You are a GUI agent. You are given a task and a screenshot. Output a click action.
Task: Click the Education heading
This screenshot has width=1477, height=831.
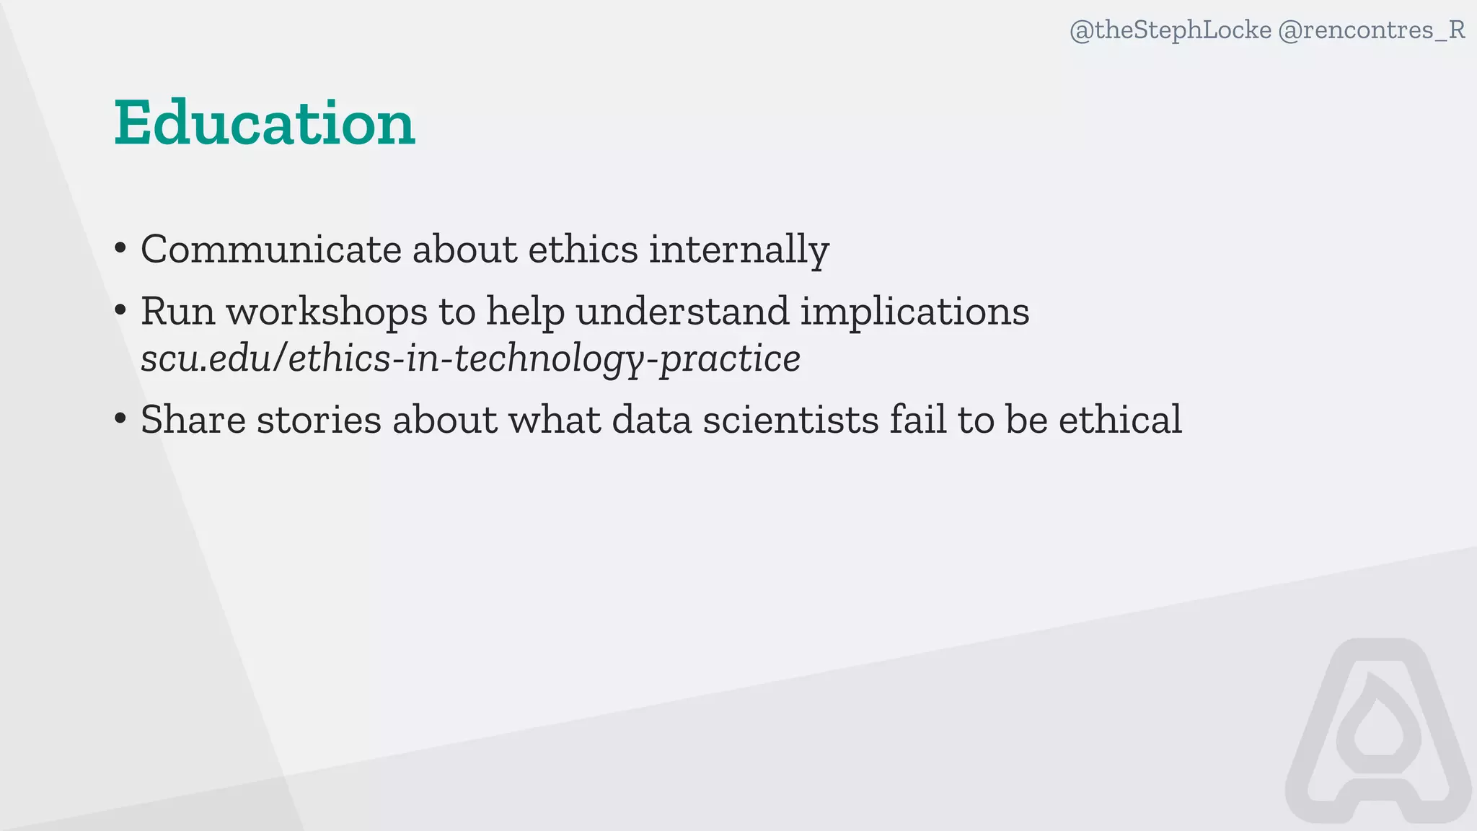pyautogui.click(x=265, y=123)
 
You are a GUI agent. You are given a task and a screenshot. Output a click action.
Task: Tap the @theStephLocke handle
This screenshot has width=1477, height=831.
pyautogui.click(x=1170, y=30)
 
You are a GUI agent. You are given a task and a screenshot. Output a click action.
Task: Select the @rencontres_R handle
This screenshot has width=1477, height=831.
pyautogui.click(x=1372, y=30)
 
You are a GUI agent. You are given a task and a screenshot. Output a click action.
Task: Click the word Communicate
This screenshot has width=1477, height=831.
pyautogui.click(x=271, y=250)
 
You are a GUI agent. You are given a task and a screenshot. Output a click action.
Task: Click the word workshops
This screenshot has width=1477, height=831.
pyautogui.click(x=327, y=312)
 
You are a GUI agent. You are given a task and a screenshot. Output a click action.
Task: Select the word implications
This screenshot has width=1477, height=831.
pyautogui.click(x=914, y=312)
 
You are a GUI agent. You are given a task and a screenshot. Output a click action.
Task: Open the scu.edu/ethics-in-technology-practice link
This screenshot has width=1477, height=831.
pyautogui.click(x=470, y=359)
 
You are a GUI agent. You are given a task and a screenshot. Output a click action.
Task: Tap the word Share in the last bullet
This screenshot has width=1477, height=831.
pyautogui.click(x=193, y=420)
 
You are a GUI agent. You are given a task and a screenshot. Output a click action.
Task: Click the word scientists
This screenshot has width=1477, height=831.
pyautogui.click(x=790, y=420)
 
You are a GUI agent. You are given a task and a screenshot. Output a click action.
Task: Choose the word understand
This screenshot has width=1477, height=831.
pyautogui.click(x=682, y=312)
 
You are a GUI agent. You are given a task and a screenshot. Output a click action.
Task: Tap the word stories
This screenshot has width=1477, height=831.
pyautogui.click(x=319, y=420)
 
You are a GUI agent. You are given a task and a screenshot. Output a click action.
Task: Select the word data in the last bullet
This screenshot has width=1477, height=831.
pyautogui.click(x=652, y=420)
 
